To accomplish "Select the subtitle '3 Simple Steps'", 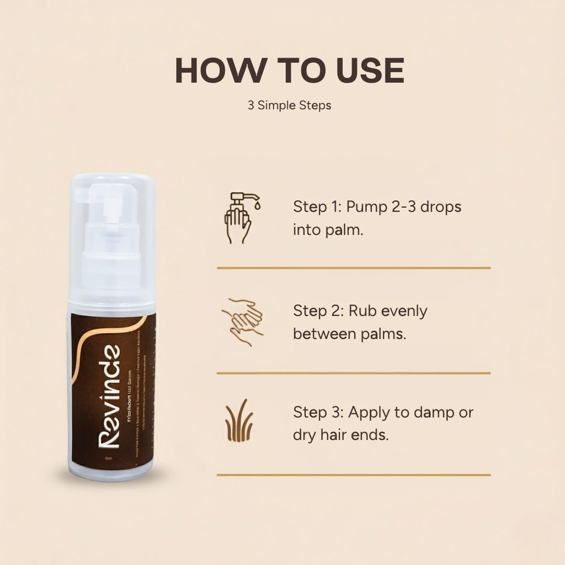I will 290,105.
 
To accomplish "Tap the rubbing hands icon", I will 242,322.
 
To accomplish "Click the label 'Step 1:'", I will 317,207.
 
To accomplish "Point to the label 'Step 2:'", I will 318,311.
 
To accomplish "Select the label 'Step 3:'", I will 318,412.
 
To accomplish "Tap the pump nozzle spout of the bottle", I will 82,194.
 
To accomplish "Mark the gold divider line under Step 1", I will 354,268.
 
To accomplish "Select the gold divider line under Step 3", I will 354,475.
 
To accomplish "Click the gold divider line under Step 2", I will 354,373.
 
